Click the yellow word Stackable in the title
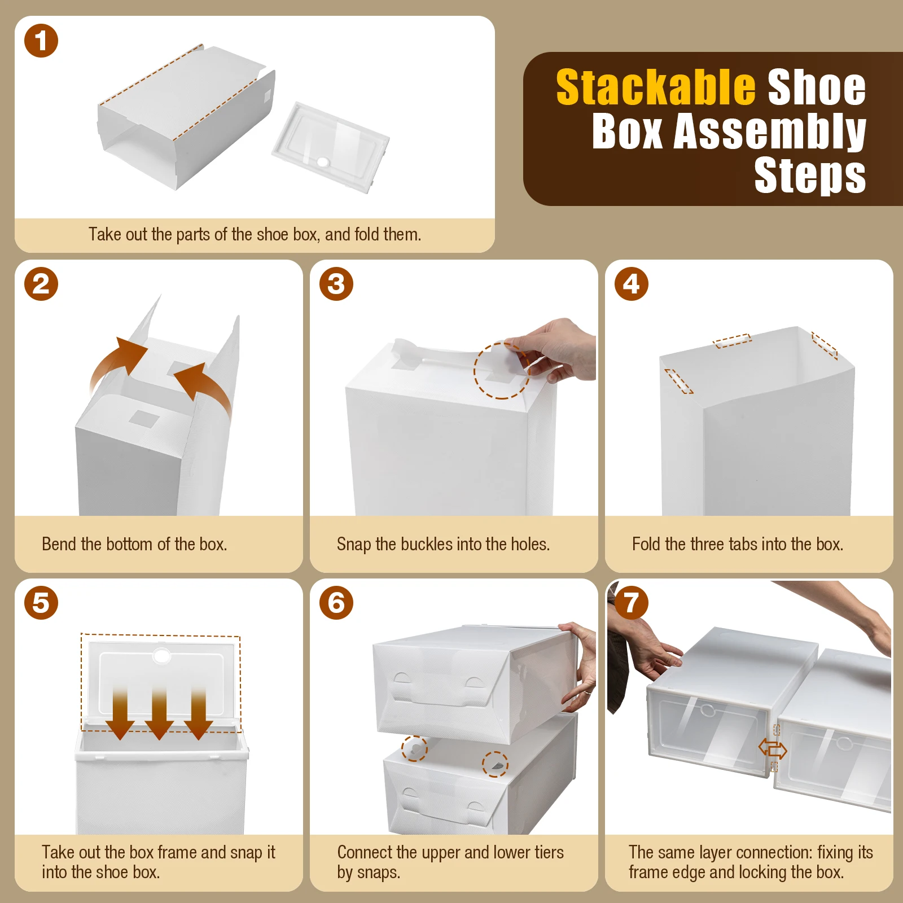pos(655,87)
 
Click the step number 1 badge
pos(41,41)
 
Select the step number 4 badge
pos(631,284)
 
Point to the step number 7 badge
pos(631,603)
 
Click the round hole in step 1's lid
pos(323,162)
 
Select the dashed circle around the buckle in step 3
pos(501,370)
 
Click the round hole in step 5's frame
pos(161,655)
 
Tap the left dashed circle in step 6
pos(414,748)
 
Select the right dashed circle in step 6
pos(495,764)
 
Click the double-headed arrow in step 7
pos(773,749)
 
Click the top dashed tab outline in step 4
pos(732,340)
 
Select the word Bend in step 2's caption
pos(59,544)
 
